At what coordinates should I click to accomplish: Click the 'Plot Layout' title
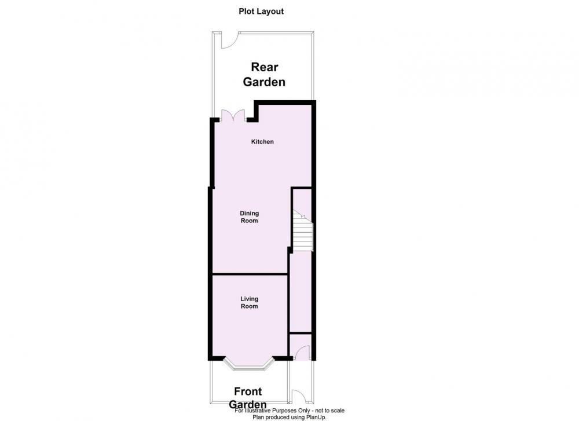click(261, 12)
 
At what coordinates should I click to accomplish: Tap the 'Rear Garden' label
click(264, 75)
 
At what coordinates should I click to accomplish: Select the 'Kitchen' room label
click(262, 141)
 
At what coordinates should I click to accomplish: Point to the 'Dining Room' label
click(249, 217)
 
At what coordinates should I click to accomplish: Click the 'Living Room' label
click(249, 302)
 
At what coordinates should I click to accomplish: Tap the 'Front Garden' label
click(248, 398)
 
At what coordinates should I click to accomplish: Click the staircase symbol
click(303, 230)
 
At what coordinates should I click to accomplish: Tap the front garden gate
click(298, 396)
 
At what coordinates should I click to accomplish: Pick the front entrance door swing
click(303, 352)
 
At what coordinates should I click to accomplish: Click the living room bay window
click(249, 364)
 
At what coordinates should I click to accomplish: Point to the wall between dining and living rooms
click(250, 274)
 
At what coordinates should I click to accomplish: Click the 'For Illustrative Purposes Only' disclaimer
click(289, 411)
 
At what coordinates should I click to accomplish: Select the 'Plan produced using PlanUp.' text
click(289, 418)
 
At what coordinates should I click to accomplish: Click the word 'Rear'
click(265, 67)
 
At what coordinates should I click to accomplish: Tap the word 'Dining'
click(249, 214)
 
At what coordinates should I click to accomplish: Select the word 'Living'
click(249, 299)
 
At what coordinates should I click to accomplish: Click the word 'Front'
click(248, 391)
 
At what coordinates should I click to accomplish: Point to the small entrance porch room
click(301, 346)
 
